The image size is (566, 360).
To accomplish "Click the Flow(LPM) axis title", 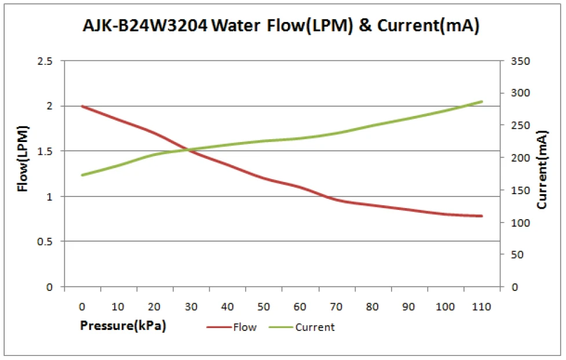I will (23, 158).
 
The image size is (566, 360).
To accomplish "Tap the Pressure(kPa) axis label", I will (123, 325).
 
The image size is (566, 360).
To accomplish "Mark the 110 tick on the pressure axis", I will (481, 306).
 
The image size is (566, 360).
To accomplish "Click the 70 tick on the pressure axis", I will (337, 306).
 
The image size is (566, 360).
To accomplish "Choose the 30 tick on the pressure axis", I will (191, 306).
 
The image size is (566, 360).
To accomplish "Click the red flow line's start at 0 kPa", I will (82, 106).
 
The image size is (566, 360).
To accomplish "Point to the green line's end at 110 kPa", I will (481, 101).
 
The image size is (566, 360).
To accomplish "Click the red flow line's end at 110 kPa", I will (481, 216).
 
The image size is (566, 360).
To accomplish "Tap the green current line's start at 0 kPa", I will (82, 174).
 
